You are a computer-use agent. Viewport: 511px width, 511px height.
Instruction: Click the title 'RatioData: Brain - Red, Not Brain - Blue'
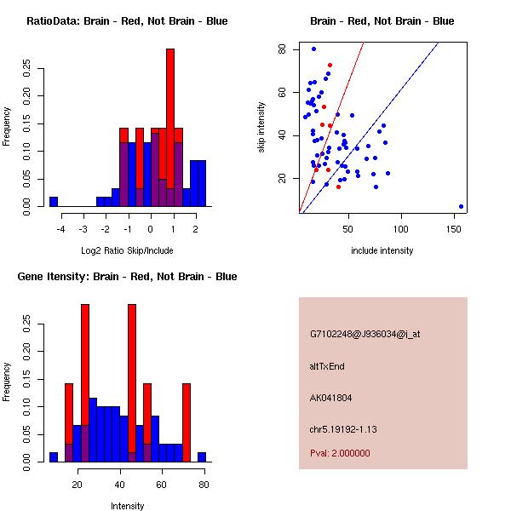coord(127,20)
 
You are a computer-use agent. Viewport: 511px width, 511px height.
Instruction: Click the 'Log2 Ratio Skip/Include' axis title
coord(128,250)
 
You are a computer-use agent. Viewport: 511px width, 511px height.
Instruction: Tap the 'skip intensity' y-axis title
coord(261,128)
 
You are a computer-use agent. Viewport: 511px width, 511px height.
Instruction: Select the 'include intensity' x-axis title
coord(382,250)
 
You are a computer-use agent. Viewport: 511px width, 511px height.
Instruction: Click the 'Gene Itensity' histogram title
coord(127,277)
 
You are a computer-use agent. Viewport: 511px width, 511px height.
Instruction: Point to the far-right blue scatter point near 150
coord(461,206)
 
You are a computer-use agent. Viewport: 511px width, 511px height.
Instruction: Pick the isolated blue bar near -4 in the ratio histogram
coord(53,202)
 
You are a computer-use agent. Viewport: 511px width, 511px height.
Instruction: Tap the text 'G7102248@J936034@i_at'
coord(365,334)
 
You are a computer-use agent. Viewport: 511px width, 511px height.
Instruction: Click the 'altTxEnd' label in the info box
coord(327,366)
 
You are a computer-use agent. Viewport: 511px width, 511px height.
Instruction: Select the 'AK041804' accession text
coord(331,398)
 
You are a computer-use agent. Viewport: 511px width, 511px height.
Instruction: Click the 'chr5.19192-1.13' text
coord(342,428)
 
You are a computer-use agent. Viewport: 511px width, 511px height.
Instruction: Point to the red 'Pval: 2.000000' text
coord(340,453)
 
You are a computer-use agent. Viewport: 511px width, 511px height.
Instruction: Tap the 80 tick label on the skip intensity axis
coord(281,49)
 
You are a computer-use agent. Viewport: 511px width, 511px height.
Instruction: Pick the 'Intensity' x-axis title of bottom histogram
coord(128,506)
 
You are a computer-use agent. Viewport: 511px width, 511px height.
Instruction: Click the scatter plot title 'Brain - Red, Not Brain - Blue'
coord(382,20)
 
